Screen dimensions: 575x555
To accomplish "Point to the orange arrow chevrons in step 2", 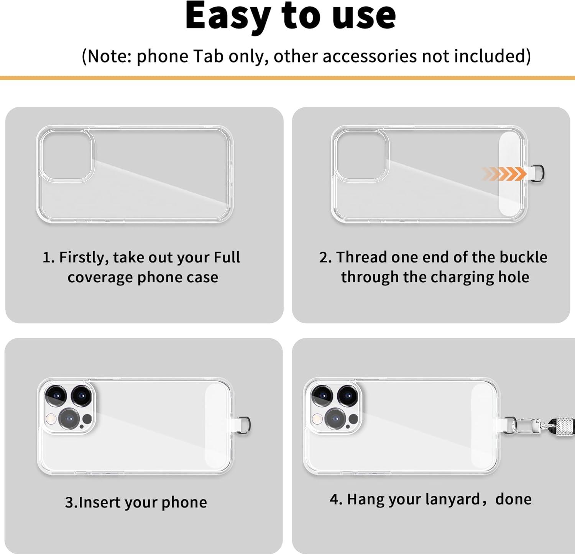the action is (504, 174).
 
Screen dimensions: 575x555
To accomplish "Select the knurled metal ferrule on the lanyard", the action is (562, 423).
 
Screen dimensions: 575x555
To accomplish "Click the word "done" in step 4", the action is (513, 499).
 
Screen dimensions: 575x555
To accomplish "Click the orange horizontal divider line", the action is (287, 78).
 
